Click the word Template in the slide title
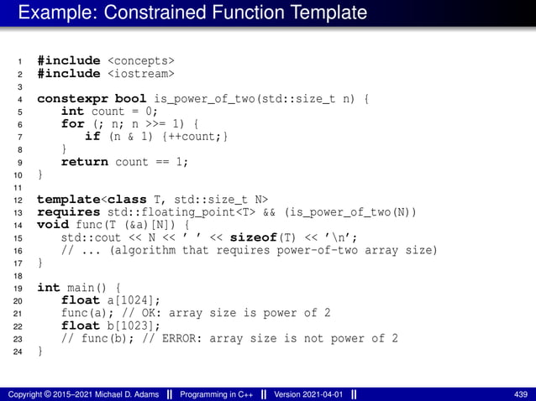(x=319, y=13)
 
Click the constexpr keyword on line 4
(x=73, y=98)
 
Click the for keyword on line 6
(x=73, y=123)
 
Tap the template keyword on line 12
(x=69, y=199)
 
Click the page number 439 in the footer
(x=520, y=393)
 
